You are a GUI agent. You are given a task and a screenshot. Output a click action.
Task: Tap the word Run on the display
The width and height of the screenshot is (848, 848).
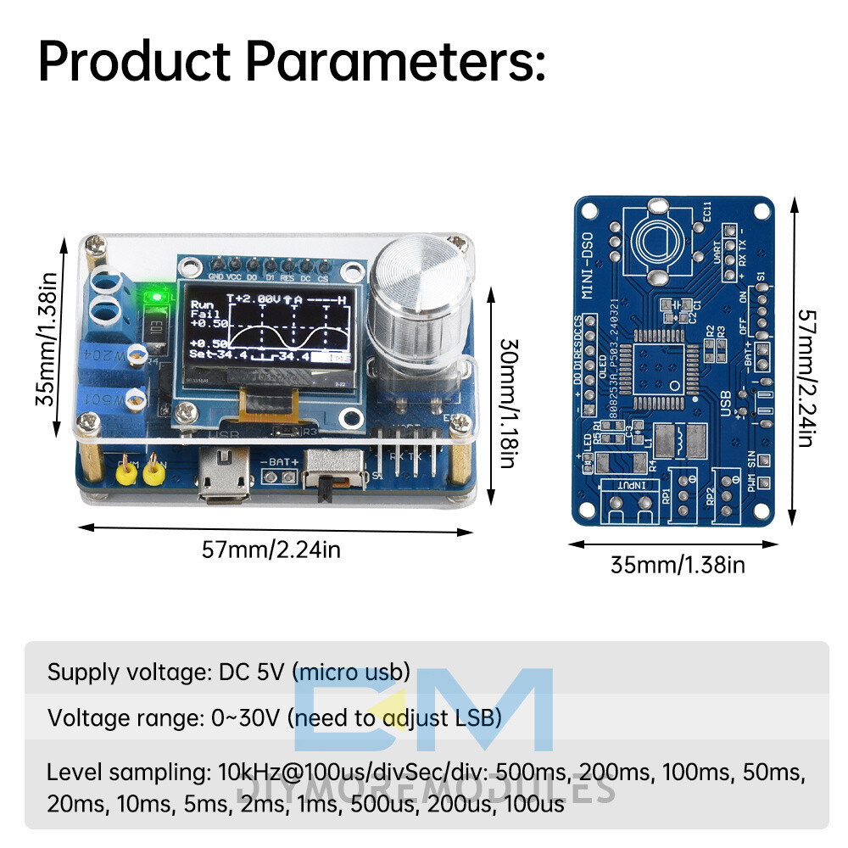[x=202, y=304]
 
